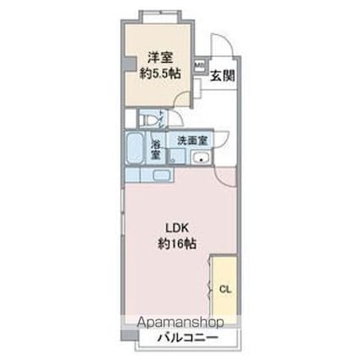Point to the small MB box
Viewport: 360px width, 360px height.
point(199,63)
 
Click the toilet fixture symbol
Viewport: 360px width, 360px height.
point(148,119)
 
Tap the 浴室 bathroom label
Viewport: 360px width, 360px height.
point(156,148)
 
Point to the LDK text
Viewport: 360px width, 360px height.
point(174,228)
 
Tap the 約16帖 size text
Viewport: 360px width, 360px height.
point(175,244)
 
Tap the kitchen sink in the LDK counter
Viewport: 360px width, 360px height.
point(161,175)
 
